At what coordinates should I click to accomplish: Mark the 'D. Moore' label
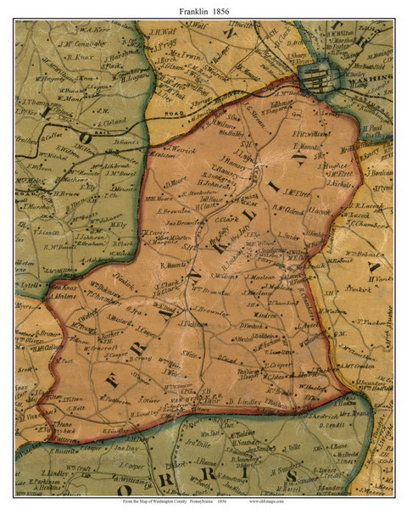[x=176, y=180]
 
